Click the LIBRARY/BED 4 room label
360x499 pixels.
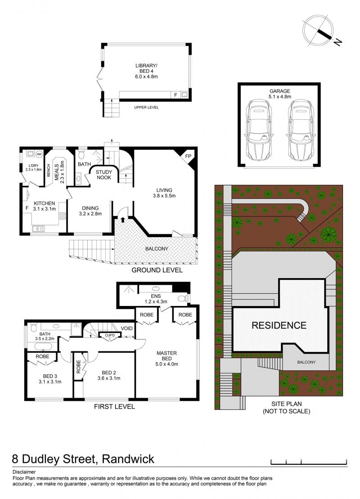(x=146, y=71)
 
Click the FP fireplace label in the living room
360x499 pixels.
(x=189, y=156)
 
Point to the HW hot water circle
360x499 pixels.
(x=39, y=154)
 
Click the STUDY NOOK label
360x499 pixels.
(x=104, y=175)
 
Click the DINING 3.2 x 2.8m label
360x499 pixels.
(x=90, y=211)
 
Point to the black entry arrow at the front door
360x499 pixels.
(x=122, y=220)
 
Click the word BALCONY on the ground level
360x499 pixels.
(x=157, y=249)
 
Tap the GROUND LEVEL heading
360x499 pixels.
(x=157, y=270)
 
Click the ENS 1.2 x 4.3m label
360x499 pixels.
(x=156, y=299)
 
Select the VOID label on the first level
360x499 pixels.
(x=127, y=328)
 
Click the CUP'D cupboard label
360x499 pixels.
(x=109, y=336)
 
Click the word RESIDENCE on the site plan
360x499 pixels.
(x=279, y=325)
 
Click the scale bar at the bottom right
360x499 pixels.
(x=309, y=463)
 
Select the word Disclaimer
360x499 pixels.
(x=24, y=472)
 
